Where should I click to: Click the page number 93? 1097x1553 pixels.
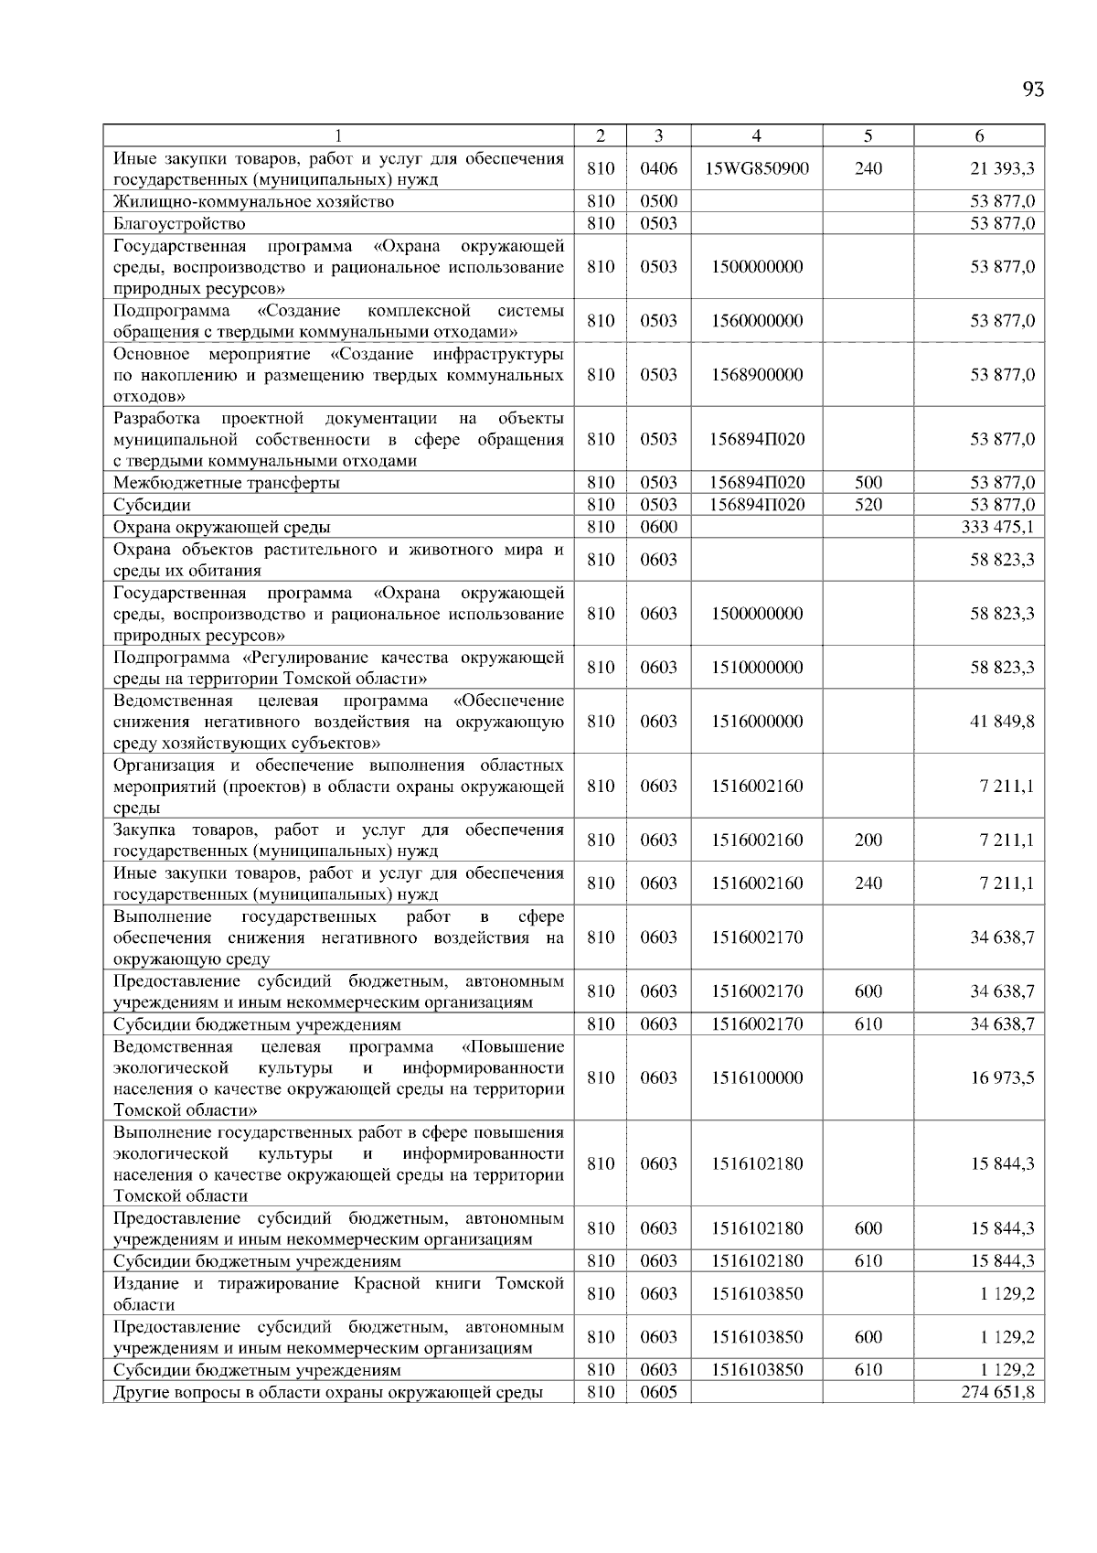1033,89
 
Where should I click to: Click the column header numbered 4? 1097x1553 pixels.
756,135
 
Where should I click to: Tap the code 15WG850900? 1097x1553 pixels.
757,168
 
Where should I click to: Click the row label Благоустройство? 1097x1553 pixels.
179,223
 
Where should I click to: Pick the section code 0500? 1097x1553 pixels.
658,201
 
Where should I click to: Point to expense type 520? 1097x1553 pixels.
868,505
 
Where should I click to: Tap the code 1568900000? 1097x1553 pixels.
757,374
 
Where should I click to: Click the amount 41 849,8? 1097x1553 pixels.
1002,721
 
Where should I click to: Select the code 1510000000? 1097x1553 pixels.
757,667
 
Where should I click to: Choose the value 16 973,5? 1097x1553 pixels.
1002,1077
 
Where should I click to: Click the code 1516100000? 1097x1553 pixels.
757,1077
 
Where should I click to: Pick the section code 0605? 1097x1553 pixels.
658,1392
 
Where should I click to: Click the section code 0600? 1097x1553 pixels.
658,527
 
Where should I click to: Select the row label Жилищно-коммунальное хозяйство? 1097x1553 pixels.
253,201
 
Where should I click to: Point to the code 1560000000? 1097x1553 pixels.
757,320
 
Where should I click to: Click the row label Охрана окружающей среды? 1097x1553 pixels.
221,527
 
